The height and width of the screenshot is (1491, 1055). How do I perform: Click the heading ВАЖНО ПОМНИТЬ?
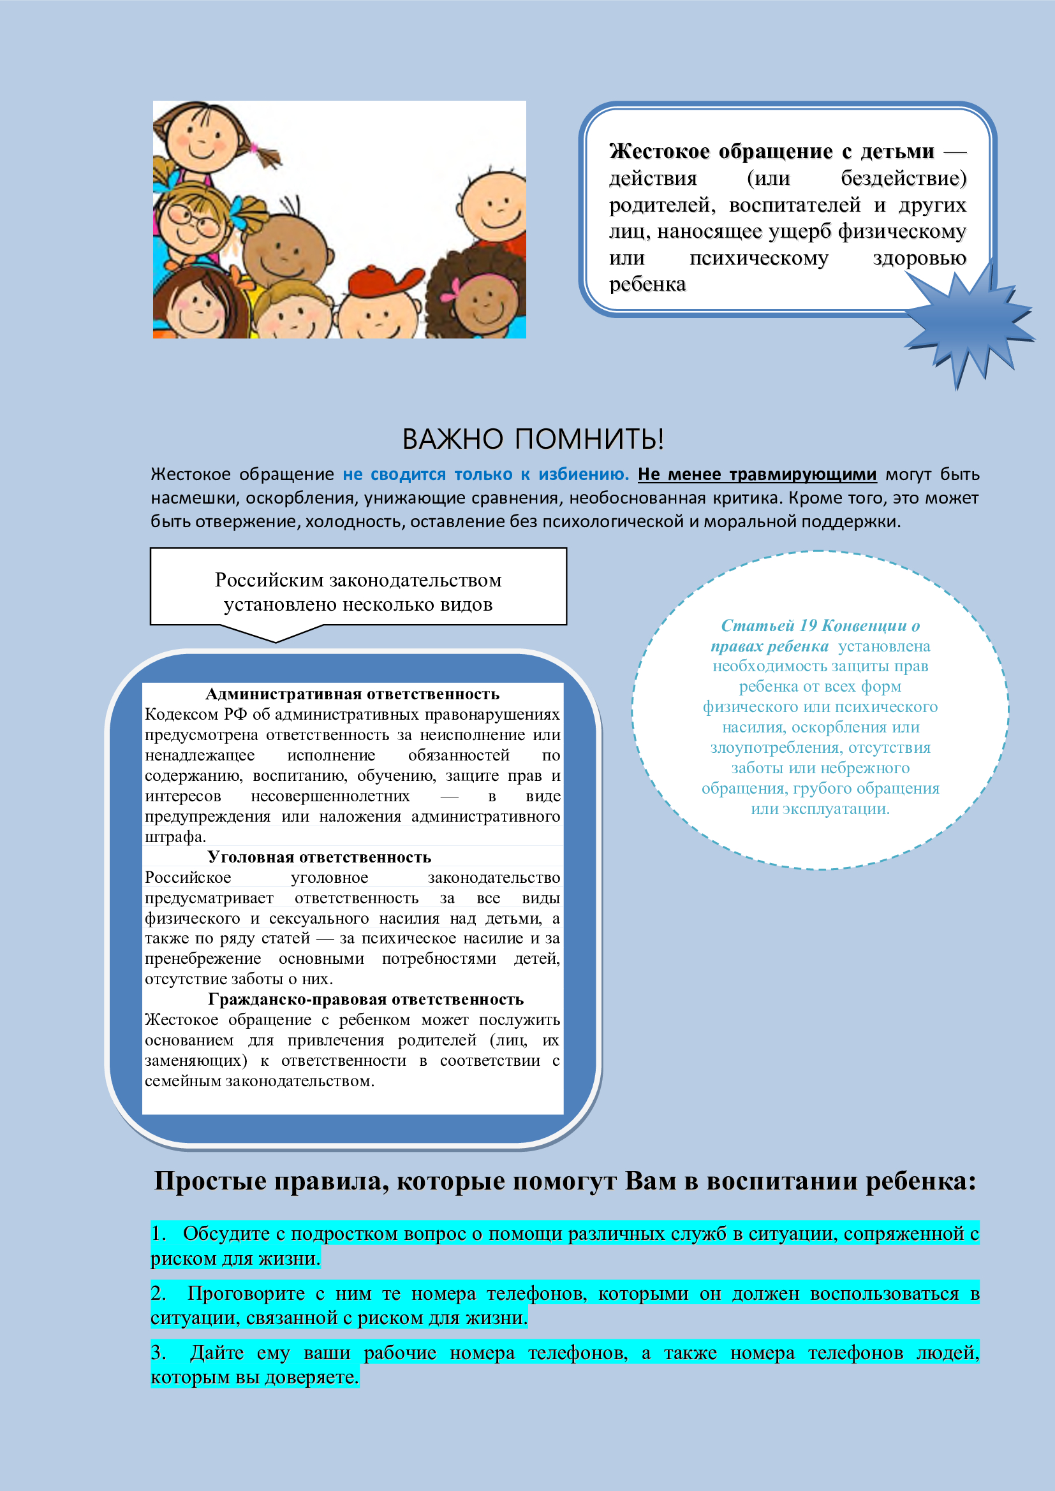[x=533, y=439]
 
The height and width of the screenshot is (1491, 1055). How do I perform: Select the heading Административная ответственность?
[x=352, y=694]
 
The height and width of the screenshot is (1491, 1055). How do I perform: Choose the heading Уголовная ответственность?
[x=319, y=857]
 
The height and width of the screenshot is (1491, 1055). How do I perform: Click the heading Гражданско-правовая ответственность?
[x=365, y=1000]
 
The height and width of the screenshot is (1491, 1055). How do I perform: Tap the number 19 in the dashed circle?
[x=808, y=625]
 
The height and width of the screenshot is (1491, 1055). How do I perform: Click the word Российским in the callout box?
[x=269, y=580]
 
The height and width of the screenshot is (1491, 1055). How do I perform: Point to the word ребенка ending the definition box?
[x=647, y=284]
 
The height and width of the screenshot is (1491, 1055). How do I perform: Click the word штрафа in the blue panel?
[x=173, y=837]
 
